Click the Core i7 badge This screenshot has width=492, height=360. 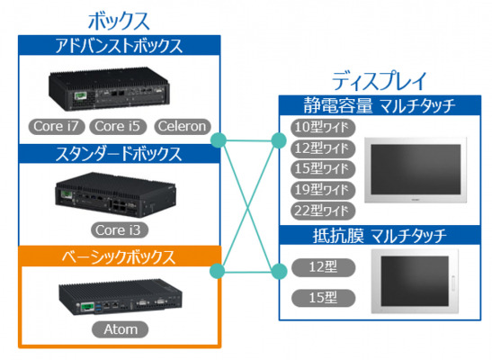coord(57,127)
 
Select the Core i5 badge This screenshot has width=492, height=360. coord(118,127)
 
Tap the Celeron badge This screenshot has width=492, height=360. coord(183,127)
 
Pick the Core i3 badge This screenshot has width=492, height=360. coord(120,230)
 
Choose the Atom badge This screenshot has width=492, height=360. coord(120,329)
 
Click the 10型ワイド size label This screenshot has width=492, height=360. coord(323,128)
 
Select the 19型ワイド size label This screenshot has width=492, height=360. coord(323,190)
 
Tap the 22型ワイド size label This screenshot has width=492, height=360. coord(323,211)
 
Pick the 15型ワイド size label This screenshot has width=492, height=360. coord(323,169)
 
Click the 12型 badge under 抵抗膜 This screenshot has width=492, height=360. coord(323,267)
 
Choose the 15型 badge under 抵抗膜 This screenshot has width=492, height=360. coord(323,298)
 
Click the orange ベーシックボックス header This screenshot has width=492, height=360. coord(120,256)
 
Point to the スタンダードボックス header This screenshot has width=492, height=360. coord(120,154)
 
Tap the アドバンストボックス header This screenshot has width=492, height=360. coord(120,46)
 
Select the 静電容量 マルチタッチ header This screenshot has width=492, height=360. coord(380,105)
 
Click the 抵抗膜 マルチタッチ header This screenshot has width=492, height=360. coord(380,235)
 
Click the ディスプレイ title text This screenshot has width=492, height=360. coord(380,81)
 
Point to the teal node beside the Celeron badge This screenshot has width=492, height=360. coord(219,140)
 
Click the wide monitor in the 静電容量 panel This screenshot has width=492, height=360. coord(416,170)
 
